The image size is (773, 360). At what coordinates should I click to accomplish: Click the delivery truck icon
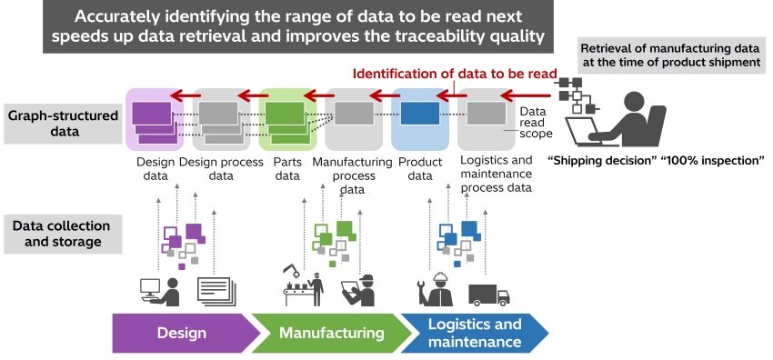(488, 295)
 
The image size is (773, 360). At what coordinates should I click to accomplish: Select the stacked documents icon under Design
(216, 291)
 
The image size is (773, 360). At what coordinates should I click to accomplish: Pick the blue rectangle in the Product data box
(420, 114)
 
